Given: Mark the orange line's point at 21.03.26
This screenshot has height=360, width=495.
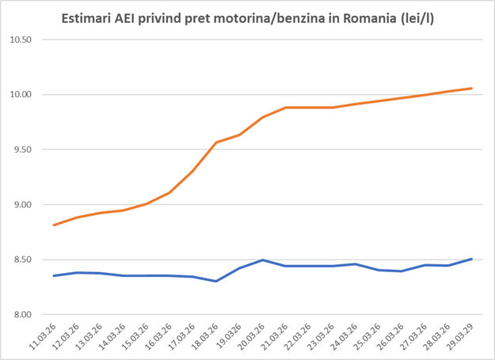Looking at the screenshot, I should tap(286, 108).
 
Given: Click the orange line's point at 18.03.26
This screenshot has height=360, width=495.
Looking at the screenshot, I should tap(216, 142).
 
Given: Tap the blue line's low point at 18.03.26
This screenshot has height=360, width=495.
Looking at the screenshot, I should tap(216, 281).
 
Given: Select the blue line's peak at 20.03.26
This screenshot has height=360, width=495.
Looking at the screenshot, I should tap(263, 260).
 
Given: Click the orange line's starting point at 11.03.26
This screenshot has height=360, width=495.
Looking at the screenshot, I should tap(54, 225).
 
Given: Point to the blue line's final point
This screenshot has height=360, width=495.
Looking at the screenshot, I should tap(472, 259).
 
